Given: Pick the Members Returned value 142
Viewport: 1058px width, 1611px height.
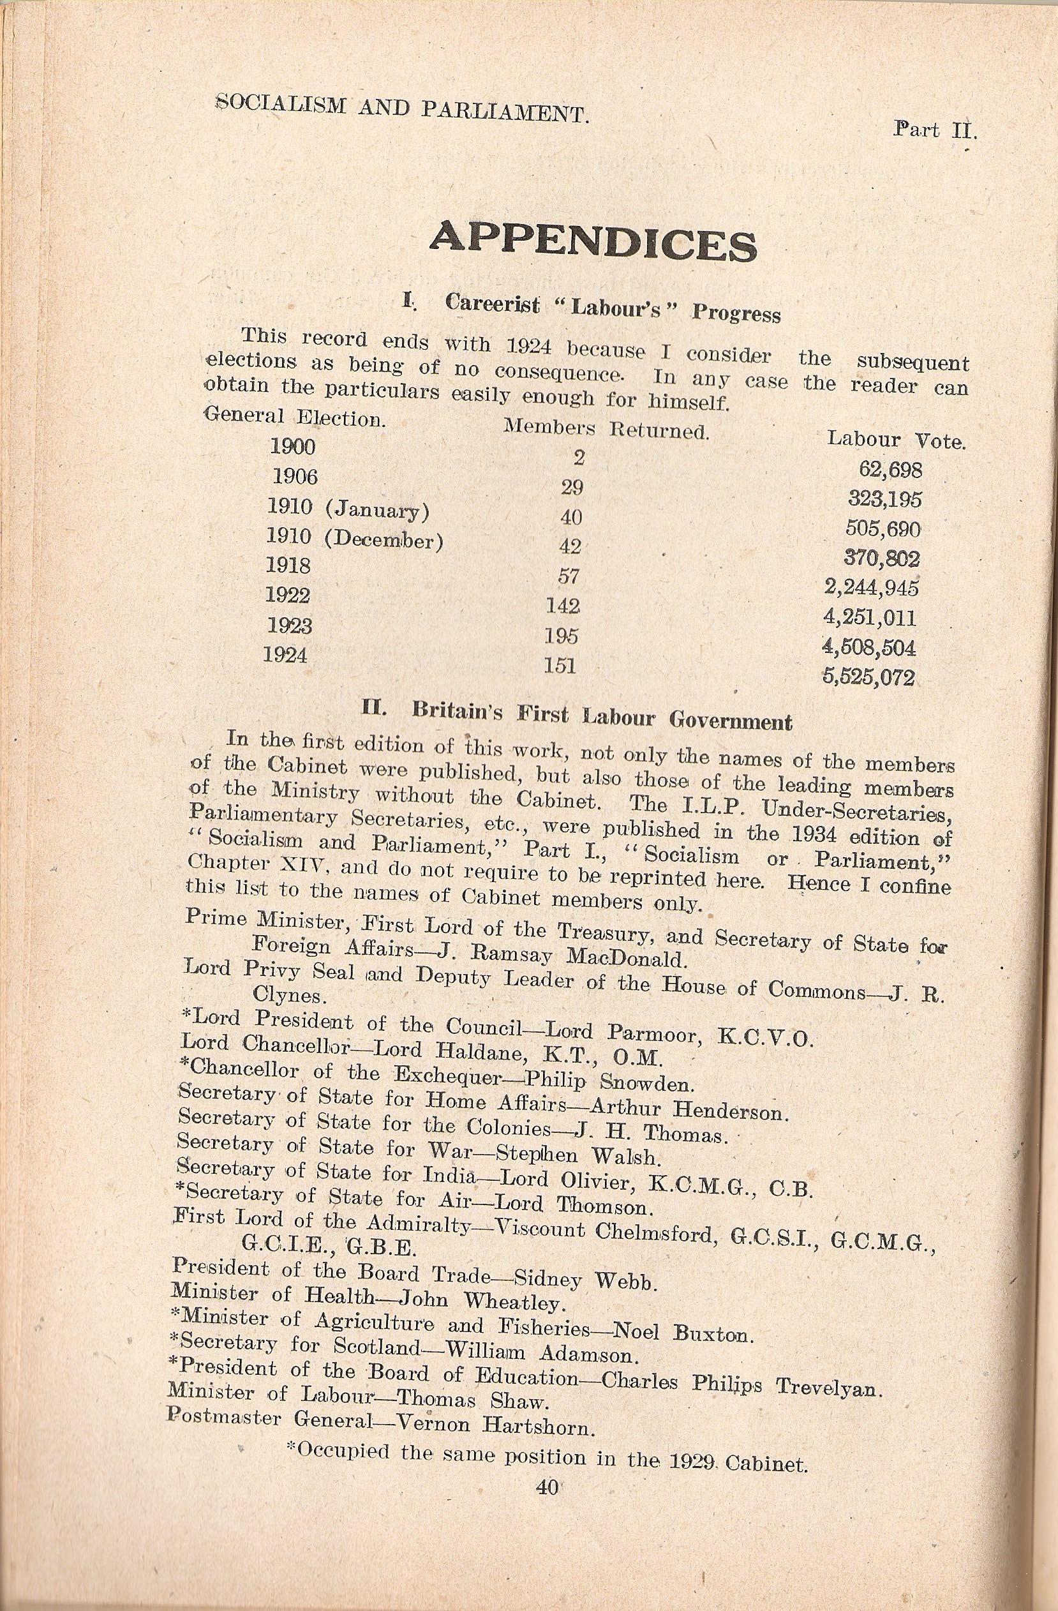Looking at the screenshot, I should coord(563,606).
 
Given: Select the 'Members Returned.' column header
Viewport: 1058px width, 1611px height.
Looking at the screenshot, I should coord(606,428).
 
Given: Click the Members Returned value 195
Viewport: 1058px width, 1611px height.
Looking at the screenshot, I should coord(563,636).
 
